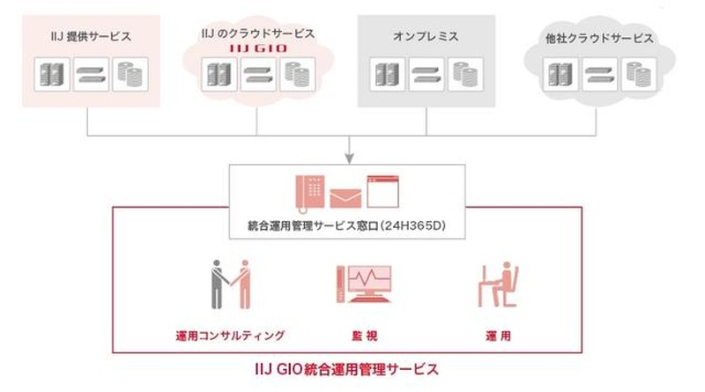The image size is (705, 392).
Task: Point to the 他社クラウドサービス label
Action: (600, 39)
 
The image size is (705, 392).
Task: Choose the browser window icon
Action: (383, 189)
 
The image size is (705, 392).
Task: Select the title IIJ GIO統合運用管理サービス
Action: (352, 366)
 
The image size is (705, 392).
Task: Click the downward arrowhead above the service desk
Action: (349, 158)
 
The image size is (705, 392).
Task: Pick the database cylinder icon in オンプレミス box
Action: (464, 74)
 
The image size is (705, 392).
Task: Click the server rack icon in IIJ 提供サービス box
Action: (50, 74)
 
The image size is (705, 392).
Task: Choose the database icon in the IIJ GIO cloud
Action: (296, 75)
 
